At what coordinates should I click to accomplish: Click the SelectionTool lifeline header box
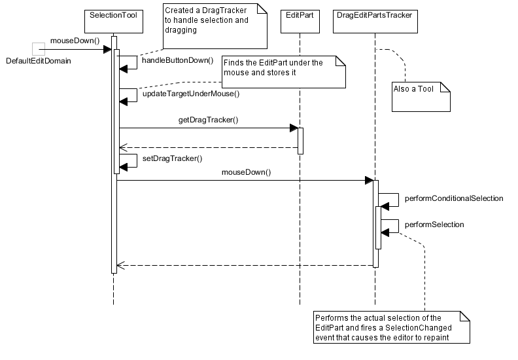click(x=113, y=15)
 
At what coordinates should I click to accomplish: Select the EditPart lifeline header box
click(x=300, y=15)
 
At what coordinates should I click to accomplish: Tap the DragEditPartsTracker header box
click(x=375, y=15)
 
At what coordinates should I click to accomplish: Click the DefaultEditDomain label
click(x=38, y=61)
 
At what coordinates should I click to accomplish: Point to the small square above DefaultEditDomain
click(x=38, y=48)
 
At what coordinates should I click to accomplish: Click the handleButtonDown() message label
click(x=177, y=60)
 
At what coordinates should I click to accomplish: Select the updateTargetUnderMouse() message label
click(x=190, y=94)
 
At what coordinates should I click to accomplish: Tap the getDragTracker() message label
click(x=208, y=120)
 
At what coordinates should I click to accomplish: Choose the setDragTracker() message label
click(x=172, y=158)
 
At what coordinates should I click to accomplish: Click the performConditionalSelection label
click(x=453, y=198)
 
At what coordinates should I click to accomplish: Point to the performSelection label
click(x=434, y=225)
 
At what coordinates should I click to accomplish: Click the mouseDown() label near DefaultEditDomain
click(x=74, y=41)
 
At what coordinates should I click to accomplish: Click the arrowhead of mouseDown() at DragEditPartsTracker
click(x=368, y=180)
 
